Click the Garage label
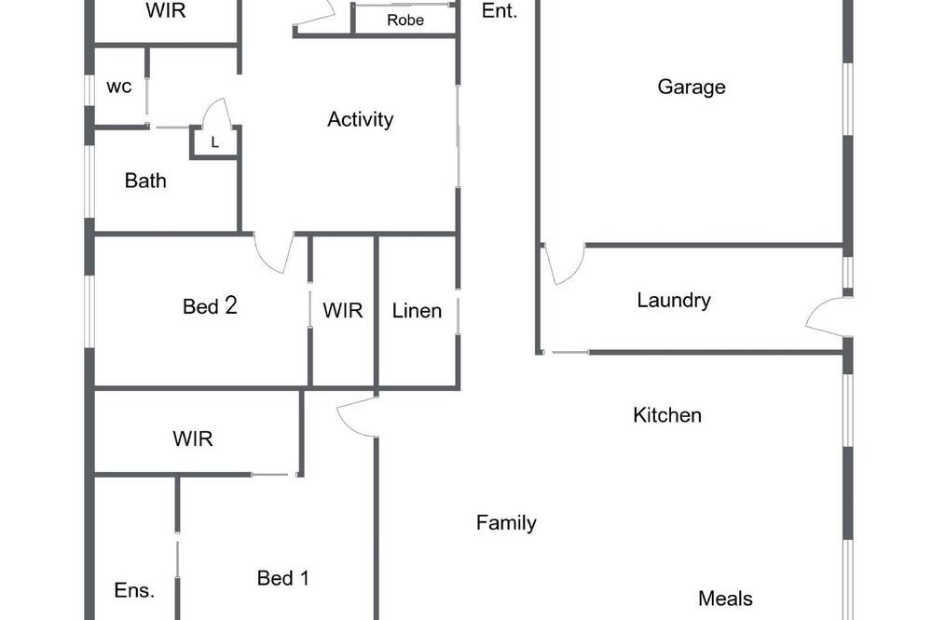tap(692, 88)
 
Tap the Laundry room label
tap(674, 301)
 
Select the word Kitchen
tap(667, 415)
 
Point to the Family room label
tap(506, 523)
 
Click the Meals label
tap(725, 599)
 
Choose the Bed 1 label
tap(283, 578)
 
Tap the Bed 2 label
tap(210, 306)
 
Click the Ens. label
tap(134, 590)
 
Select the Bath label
tap(145, 181)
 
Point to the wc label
tap(119, 88)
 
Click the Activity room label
tap(360, 120)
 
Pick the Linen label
tap(417, 311)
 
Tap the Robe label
tap(405, 20)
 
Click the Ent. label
tap(499, 10)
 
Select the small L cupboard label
tap(215, 142)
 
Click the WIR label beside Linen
tap(342, 311)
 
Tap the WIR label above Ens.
tap(193, 438)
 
